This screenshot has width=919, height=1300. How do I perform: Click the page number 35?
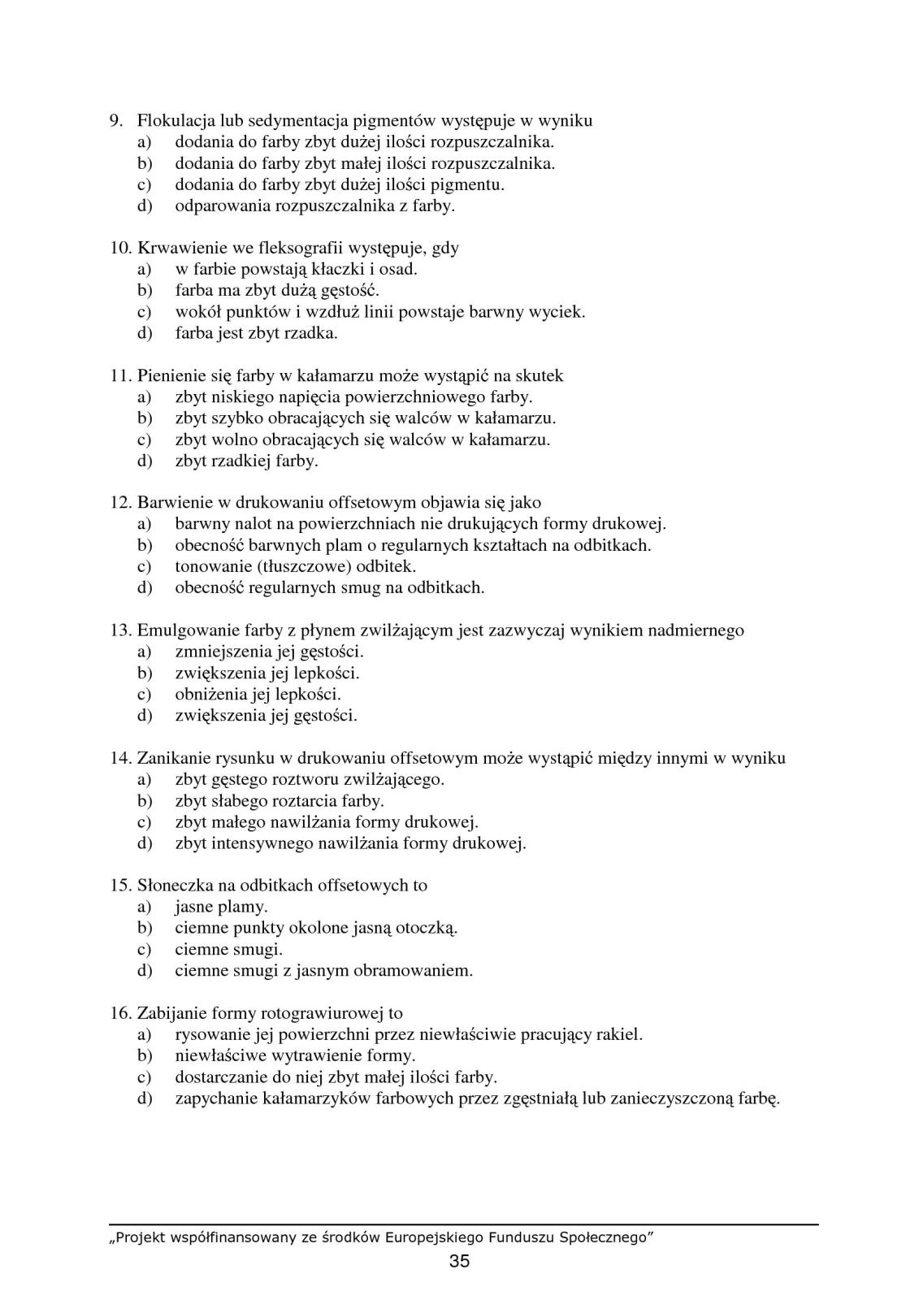coord(459,1261)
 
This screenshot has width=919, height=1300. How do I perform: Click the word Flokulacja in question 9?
coord(171,121)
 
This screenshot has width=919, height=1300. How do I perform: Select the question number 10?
coord(120,248)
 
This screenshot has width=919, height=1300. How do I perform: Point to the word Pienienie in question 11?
coord(169,375)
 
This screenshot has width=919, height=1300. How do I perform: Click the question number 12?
coord(120,502)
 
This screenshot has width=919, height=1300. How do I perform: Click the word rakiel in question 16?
coord(618,1034)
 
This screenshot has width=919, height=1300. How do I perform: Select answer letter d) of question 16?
coord(145,1098)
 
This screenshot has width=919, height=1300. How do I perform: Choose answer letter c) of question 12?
coord(145,566)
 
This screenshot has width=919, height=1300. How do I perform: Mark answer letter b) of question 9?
coord(145,163)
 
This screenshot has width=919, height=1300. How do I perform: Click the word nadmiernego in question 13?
coord(696,630)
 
